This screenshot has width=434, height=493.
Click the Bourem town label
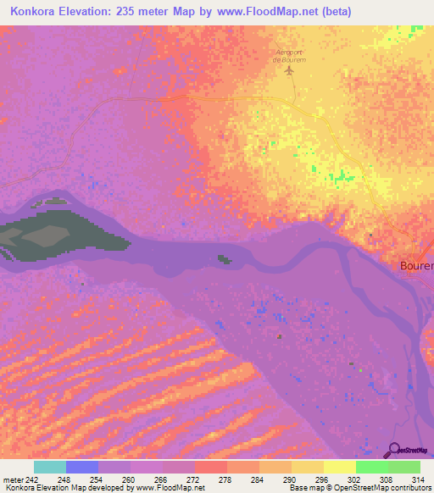click(416, 265)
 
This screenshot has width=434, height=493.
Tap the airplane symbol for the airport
click(290, 69)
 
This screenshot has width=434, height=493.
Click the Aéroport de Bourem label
click(289, 54)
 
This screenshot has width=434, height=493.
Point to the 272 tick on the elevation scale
click(194, 479)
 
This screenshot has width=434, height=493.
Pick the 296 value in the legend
click(323, 479)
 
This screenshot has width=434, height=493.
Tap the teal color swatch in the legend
click(50, 467)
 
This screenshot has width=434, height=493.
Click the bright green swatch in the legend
click(371, 467)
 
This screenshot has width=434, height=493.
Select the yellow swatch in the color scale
click(339, 467)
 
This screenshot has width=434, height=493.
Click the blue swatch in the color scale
click(82, 467)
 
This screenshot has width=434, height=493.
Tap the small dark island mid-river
click(224, 259)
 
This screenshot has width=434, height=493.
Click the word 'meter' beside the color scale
click(13, 479)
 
